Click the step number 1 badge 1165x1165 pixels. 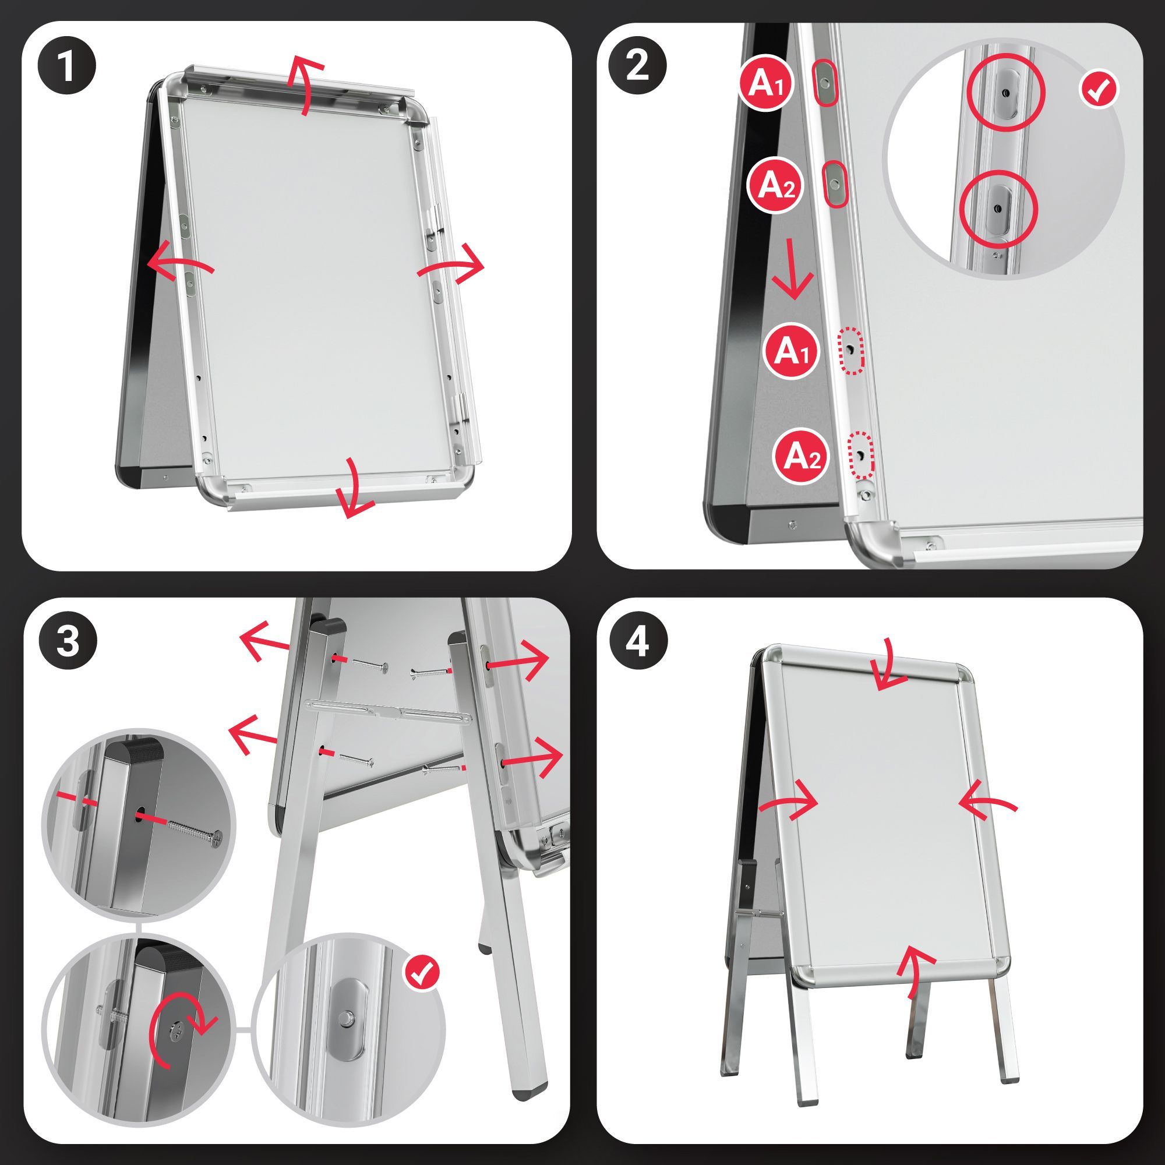pos(67,67)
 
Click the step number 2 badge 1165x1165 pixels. pos(637,65)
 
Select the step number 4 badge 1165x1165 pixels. pos(637,641)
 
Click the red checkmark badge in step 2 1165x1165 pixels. pos(1099,90)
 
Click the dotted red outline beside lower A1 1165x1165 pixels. pos(851,350)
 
